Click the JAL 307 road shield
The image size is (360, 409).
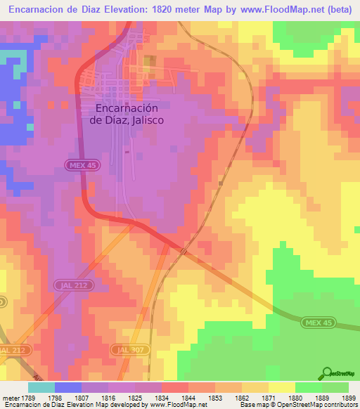click(x=125, y=349)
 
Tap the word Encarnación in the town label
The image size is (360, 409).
click(x=127, y=108)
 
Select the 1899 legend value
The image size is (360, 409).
click(x=347, y=398)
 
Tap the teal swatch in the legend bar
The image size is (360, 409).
click(x=41, y=387)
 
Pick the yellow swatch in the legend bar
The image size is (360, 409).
click(x=281, y=387)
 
